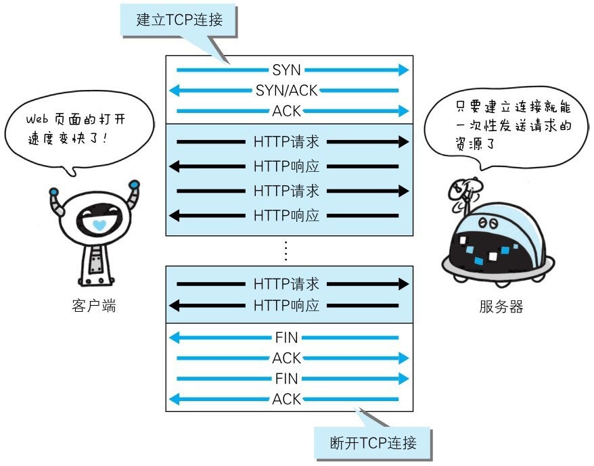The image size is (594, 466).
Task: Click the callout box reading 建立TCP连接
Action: coord(179,20)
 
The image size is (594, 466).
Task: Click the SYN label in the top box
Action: coord(286,70)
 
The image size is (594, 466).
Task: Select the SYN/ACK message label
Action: coord(286,90)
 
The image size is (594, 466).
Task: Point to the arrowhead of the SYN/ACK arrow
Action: coord(173,90)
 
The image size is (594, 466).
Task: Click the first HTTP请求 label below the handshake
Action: coord(286,142)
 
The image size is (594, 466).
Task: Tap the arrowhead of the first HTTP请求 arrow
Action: coord(404,142)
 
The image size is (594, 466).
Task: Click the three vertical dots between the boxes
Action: coord(285,251)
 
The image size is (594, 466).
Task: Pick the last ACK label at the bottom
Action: coord(286,399)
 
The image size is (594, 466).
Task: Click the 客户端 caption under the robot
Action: coord(93,306)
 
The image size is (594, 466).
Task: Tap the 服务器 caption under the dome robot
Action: coord(501,306)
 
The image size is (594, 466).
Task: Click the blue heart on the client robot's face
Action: coord(99,224)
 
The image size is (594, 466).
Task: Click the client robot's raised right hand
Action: coord(134,184)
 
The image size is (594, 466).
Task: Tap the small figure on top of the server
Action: coord(465,190)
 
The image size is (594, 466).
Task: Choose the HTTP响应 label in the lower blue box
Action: coord(286,305)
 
